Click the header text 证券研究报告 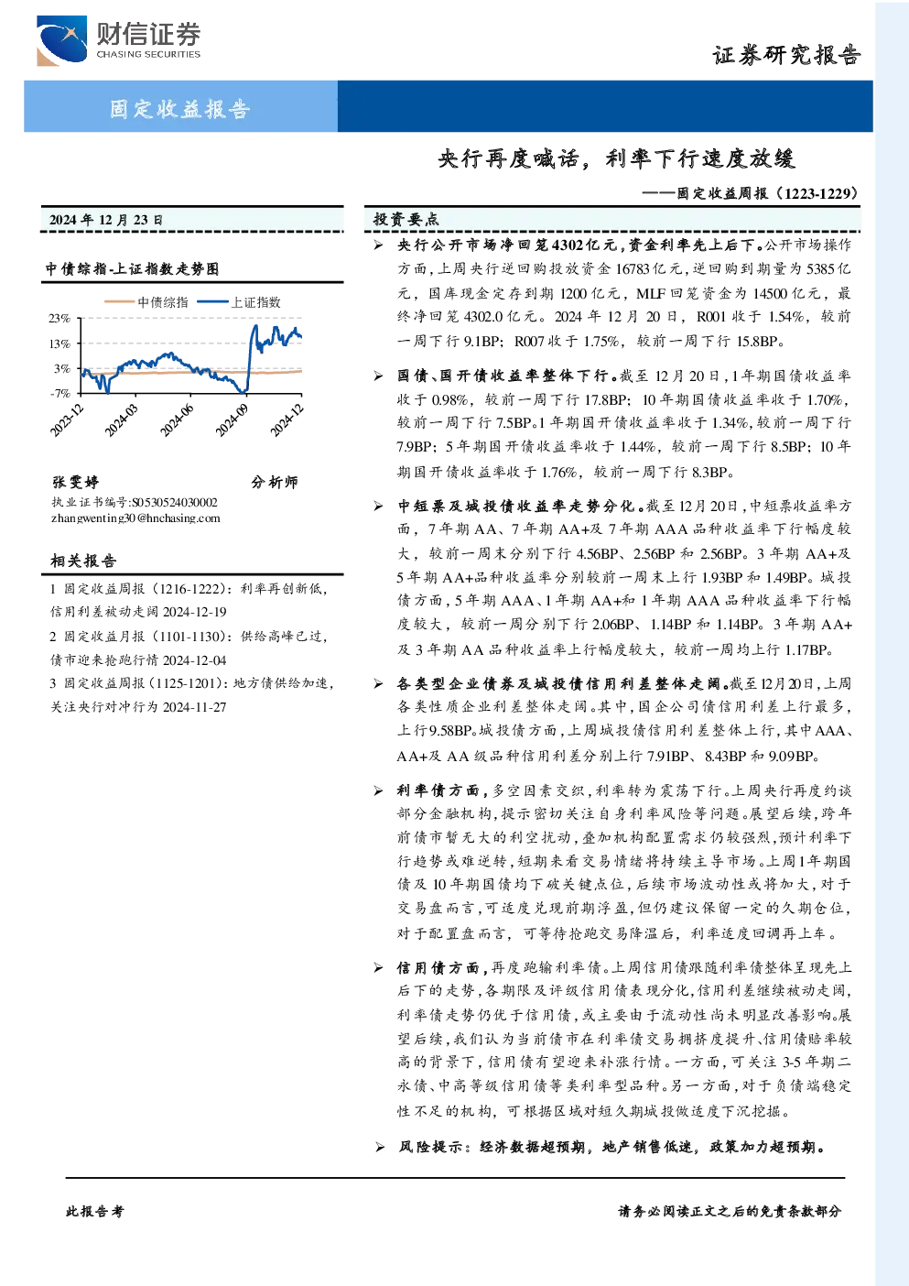786,55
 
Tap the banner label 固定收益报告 180,108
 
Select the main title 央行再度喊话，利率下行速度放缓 616,158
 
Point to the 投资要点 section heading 406,219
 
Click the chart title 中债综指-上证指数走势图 133,268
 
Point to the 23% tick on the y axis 60,318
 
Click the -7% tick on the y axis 60,393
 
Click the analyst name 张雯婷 75,482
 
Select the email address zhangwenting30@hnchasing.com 135,518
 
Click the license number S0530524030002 175,502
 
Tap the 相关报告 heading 84,561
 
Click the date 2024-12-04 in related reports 195,660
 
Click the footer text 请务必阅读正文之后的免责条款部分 730,1212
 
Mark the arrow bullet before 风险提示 379,1148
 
